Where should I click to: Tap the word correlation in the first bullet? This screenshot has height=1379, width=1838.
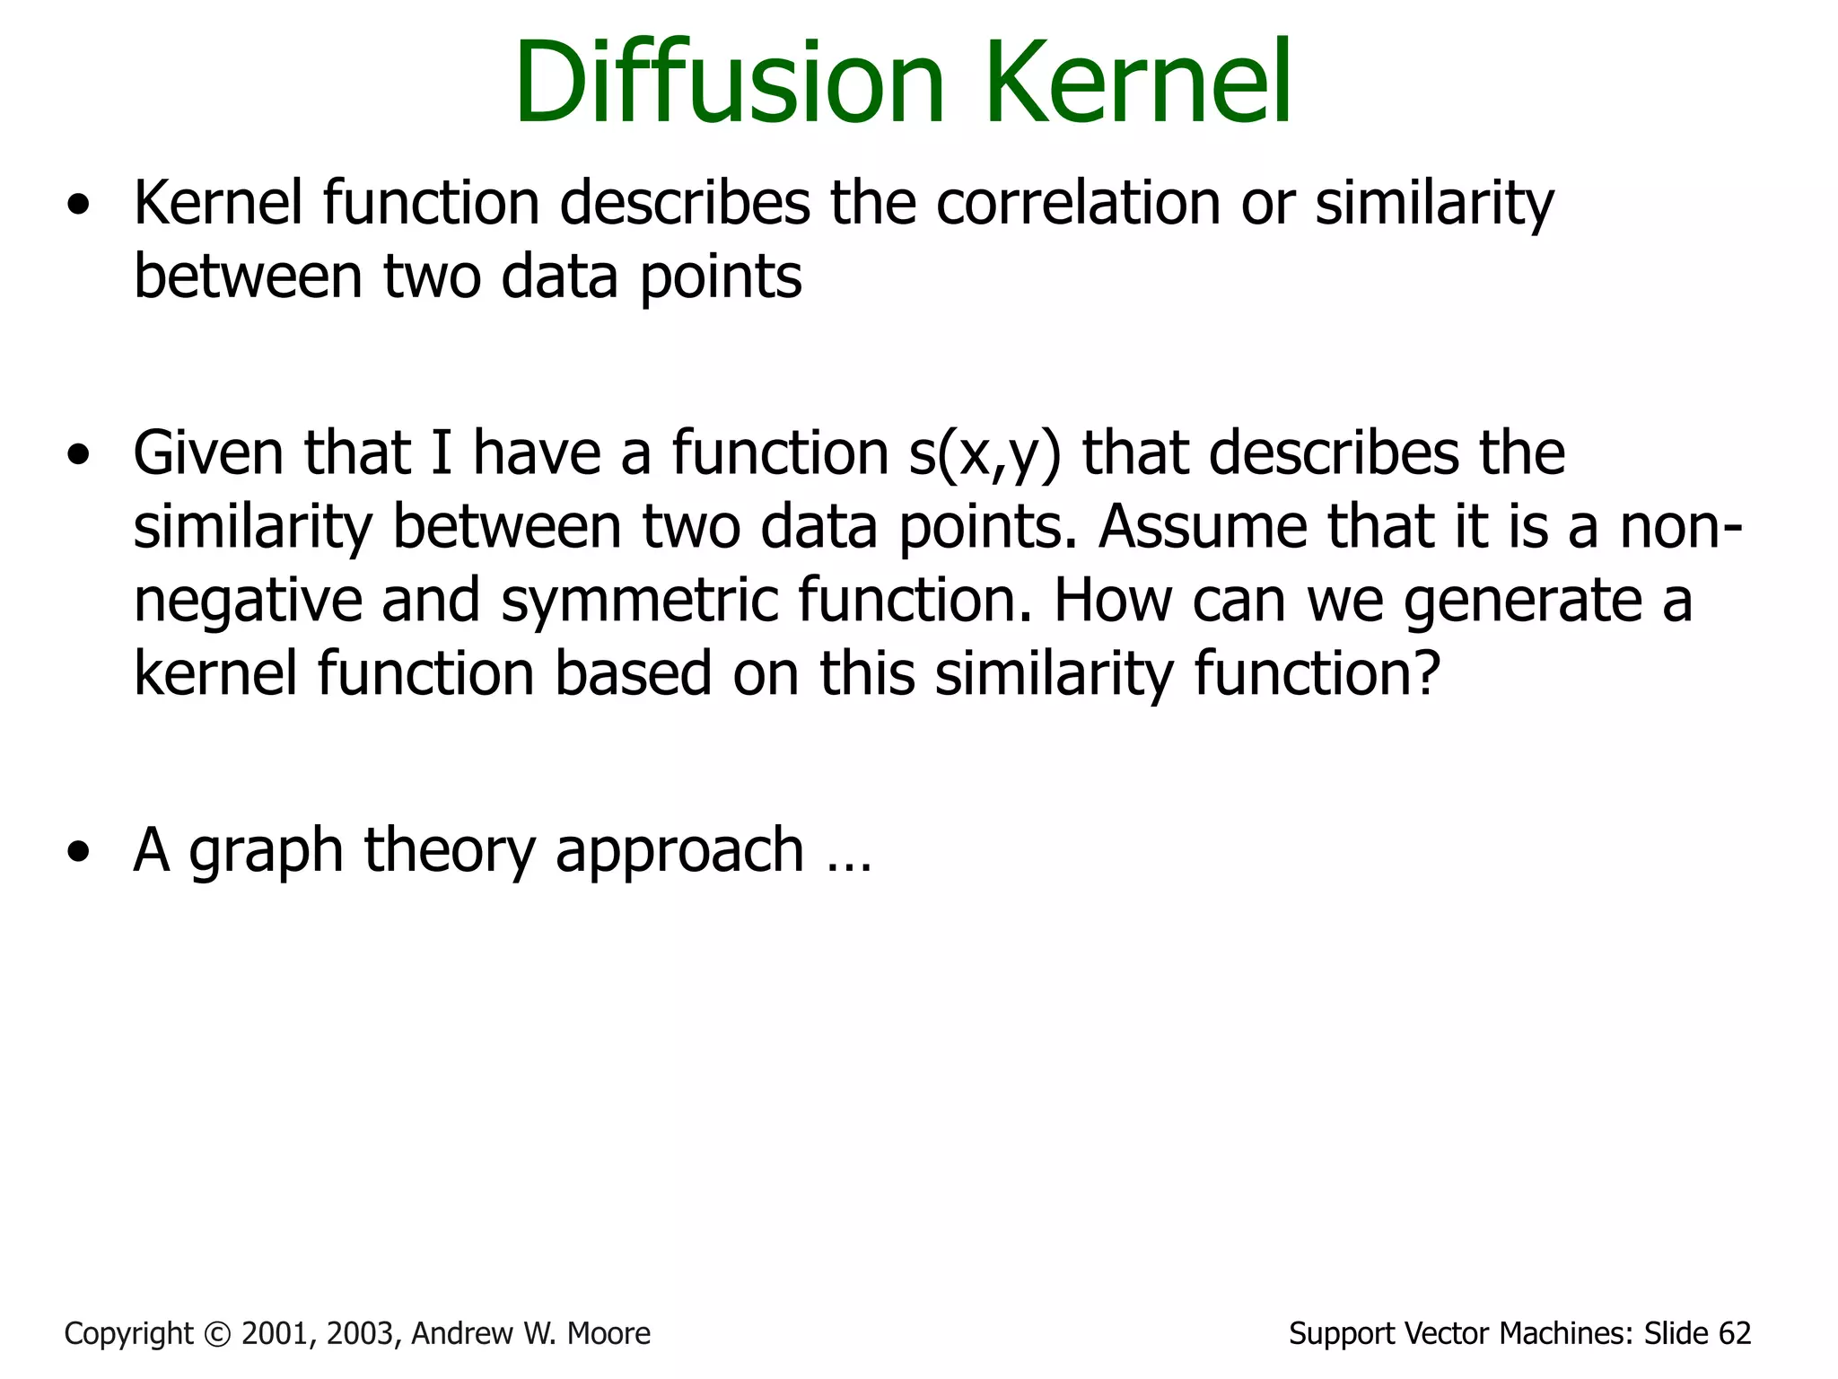1078,203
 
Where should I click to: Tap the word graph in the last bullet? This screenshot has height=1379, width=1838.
266,851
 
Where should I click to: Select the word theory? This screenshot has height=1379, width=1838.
449,851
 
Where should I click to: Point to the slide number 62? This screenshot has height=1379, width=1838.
1734,1334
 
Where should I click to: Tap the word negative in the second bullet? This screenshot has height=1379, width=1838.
247,601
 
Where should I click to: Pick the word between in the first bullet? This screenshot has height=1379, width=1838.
248,277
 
